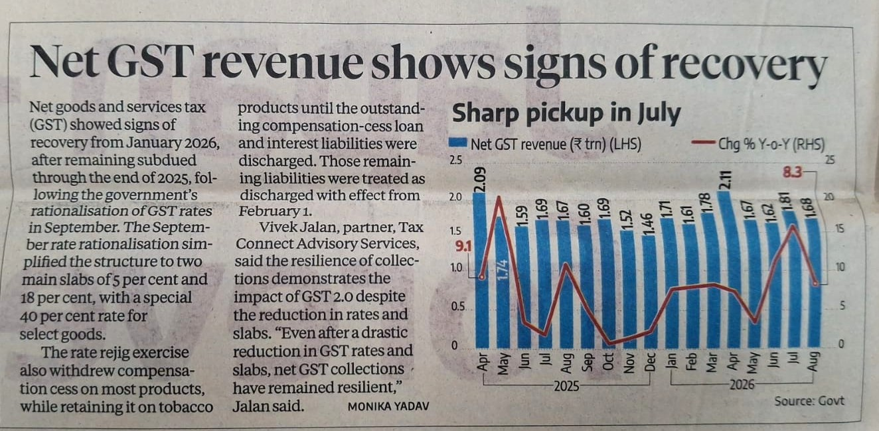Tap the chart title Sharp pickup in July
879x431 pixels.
[566, 113]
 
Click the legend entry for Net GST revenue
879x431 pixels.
[545, 144]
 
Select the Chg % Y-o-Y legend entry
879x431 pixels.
[759, 144]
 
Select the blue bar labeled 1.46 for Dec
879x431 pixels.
[650, 292]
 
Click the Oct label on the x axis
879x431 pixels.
[607, 361]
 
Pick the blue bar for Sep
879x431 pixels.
[586, 286]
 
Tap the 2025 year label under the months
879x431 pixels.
[566, 387]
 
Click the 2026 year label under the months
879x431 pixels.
[742, 385]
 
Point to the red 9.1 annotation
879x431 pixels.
[463, 247]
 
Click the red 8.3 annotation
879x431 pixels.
[792, 172]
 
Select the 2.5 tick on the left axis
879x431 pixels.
[455, 160]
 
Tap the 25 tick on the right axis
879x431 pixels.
[830, 160]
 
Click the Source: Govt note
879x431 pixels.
[809, 401]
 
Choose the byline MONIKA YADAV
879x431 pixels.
[388, 406]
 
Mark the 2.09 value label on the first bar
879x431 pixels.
[480, 180]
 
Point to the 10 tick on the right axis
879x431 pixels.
[840, 267]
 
